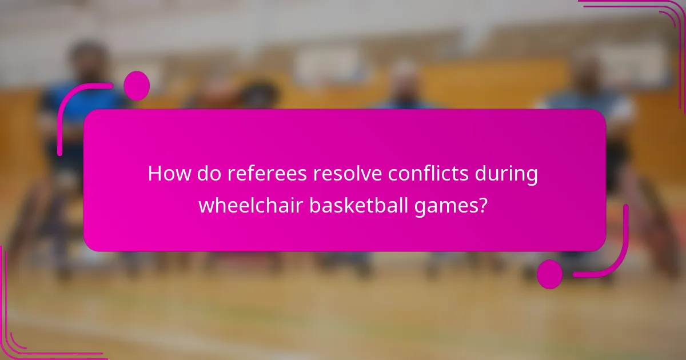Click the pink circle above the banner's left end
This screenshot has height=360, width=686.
point(137,86)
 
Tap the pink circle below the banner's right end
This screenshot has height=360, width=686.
point(550,274)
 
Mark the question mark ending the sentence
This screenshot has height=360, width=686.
point(483,205)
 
